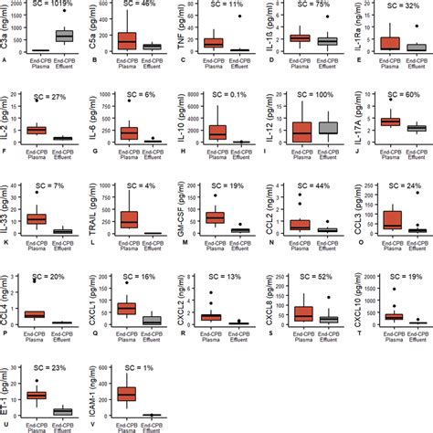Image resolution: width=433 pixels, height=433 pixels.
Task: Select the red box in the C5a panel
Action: point(127,41)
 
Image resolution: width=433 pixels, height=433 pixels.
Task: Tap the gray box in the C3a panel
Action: point(65,36)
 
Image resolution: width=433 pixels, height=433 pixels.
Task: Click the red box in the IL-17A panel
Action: point(389,121)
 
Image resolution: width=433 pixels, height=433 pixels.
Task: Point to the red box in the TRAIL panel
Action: point(127,218)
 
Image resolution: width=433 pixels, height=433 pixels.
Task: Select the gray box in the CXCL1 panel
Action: point(153,320)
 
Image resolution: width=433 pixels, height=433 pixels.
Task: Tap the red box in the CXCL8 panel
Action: point(302,312)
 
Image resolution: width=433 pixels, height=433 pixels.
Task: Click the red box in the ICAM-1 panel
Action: point(127,394)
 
